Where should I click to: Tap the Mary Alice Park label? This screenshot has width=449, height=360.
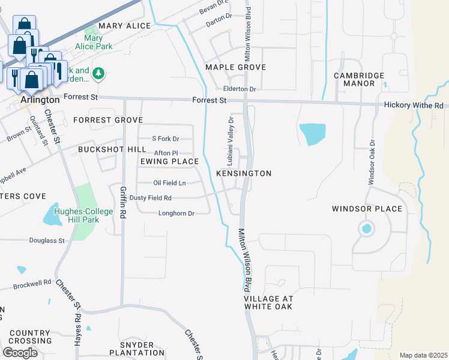[94, 42]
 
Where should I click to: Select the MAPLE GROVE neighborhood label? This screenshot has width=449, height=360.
[235, 67]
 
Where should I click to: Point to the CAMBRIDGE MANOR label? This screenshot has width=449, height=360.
[359, 79]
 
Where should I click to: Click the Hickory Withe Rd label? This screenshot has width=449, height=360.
[414, 105]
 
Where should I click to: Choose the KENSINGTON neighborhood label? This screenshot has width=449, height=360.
[244, 173]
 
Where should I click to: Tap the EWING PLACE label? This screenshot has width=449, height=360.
[169, 161]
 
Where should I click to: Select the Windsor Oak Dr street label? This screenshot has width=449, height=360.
[372, 162]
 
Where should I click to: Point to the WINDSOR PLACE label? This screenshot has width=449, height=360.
[367, 209]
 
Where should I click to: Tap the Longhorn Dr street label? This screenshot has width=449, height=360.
[176, 213]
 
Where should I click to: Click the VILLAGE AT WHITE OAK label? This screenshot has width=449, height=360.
[268, 302]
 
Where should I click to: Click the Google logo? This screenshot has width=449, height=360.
[20, 352]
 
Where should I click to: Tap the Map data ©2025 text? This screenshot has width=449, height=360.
[423, 355]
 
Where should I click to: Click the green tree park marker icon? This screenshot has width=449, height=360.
[99, 74]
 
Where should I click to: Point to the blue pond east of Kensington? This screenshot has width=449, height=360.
[312, 134]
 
